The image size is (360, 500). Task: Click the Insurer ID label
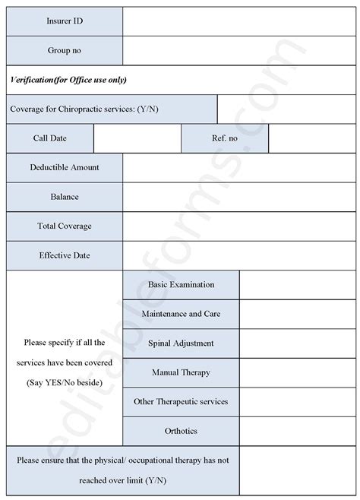(65, 21)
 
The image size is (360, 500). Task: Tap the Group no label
(65, 50)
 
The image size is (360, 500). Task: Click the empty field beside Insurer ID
(239, 21)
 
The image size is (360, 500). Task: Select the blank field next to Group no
(239, 50)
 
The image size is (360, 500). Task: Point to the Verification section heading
(68, 80)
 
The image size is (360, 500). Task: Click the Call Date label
(50, 138)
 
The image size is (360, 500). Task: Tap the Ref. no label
(225, 138)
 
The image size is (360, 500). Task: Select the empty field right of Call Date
(137, 138)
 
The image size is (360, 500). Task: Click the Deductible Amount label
(65, 167)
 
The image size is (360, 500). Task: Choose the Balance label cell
(65, 197)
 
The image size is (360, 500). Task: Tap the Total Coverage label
(65, 226)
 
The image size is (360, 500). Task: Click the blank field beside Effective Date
(239, 255)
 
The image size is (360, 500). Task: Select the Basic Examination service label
(181, 285)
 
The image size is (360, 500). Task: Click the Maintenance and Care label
(181, 314)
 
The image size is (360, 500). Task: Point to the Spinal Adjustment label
(181, 343)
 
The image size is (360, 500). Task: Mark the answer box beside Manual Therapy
(297, 372)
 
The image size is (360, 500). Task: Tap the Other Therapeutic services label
(181, 401)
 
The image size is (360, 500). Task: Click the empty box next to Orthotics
(297, 431)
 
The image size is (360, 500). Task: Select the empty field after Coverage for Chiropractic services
(286, 109)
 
